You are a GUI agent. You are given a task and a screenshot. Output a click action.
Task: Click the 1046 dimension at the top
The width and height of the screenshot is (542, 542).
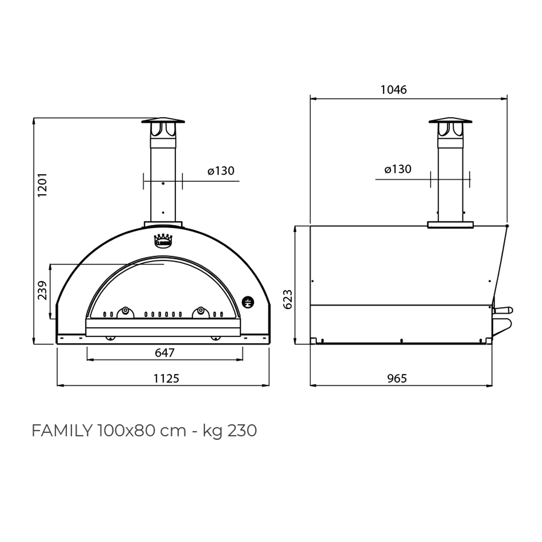click(393, 90)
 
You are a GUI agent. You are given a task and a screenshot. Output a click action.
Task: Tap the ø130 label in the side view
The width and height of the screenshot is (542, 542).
click(398, 169)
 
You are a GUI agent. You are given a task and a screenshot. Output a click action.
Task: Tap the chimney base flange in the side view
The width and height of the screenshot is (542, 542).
click(450, 225)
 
